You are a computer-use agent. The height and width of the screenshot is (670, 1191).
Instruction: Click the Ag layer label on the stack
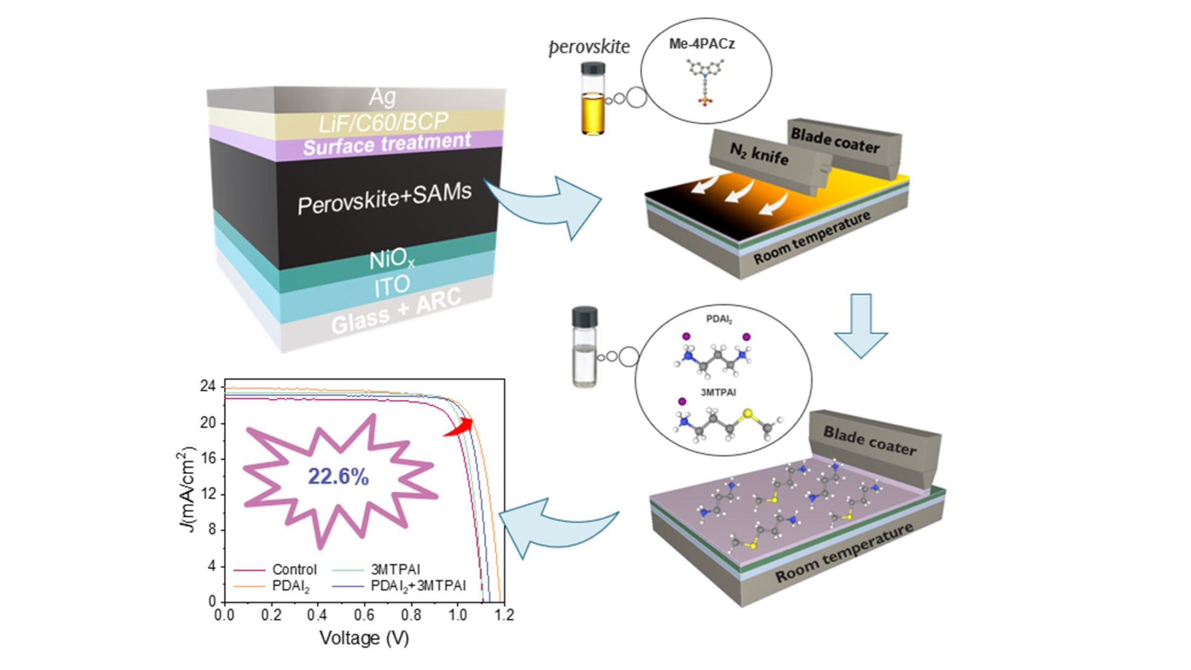(x=382, y=97)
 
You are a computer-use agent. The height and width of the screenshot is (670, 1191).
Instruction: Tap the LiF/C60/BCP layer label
(x=384, y=122)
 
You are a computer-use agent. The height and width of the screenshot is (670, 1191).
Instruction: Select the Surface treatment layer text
(x=387, y=144)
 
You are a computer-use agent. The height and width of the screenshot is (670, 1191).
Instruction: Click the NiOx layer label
(x=392, y=260)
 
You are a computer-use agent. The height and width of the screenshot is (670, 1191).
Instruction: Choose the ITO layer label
(x=392, y=286)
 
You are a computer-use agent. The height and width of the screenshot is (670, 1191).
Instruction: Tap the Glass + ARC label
(x=396, y=311)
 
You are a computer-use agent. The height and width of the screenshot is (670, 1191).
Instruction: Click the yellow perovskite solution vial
(x=593, y=98)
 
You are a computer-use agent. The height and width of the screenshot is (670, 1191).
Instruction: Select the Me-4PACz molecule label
(x=702, y=44)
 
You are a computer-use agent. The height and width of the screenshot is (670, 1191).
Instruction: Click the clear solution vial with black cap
(x=584, y=347)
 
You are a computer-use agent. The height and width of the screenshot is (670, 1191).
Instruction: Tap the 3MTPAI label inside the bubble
(x=718, y=392)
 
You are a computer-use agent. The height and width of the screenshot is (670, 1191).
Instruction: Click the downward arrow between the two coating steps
(x=861, y=326)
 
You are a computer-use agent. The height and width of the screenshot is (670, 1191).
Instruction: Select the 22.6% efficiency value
(x=338, y=476)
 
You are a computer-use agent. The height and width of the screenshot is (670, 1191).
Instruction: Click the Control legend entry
(x=275, y=569)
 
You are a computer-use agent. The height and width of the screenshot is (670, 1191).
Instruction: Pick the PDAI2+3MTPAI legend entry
(x=399, y=586)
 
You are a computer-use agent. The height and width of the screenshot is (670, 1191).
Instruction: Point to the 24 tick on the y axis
(x=208, y=386)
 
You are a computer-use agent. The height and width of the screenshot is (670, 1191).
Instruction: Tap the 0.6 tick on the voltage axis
(x=364, y=615)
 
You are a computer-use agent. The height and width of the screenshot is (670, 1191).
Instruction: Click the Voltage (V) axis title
(x=364, y=638)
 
